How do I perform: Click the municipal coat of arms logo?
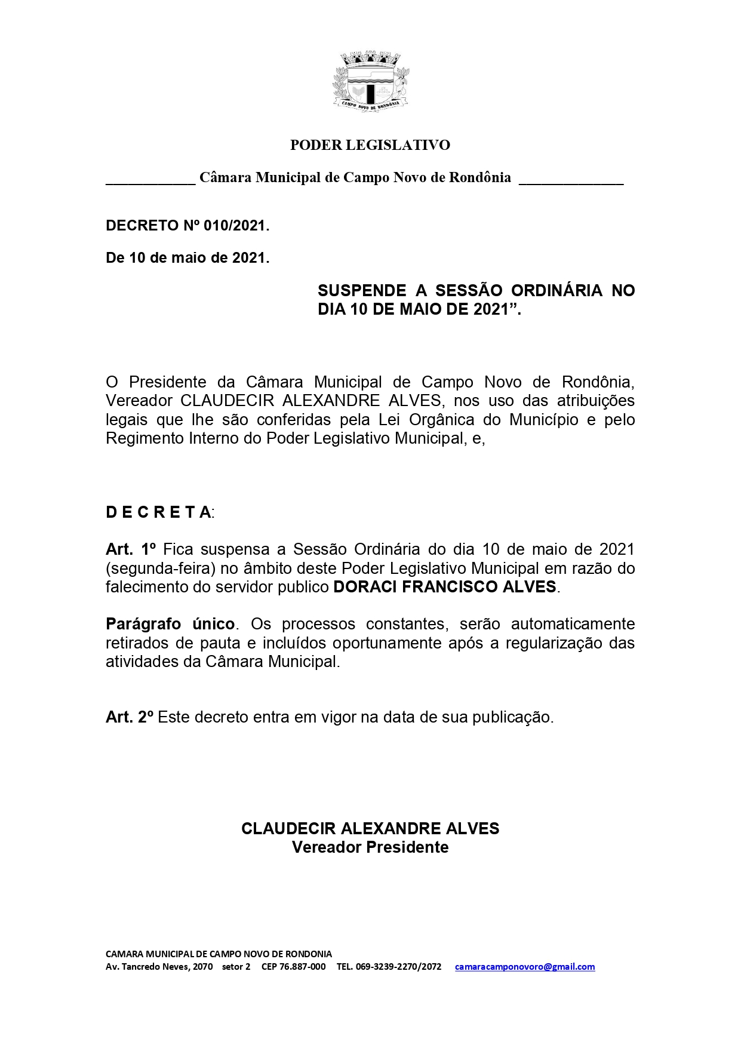(370, 81)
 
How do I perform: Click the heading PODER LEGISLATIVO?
(370, 145)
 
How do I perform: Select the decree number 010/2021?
(235, 226)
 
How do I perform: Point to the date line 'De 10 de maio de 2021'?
(187, 258)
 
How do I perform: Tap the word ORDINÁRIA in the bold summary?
(556, 291)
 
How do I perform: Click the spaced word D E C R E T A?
(159, 512)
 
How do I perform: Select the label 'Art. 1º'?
(131, 549)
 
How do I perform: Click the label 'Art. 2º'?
(130, 717)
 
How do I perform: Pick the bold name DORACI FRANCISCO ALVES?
(445, 587)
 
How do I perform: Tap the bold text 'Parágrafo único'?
(170, 624)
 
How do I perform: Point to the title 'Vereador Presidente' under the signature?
(370, 847)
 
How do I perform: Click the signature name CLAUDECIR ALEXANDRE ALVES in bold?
(370, 829)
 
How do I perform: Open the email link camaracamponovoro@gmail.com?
(525, 967)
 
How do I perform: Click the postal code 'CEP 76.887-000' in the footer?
(294, 967)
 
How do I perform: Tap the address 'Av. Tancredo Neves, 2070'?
(159, 967)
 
